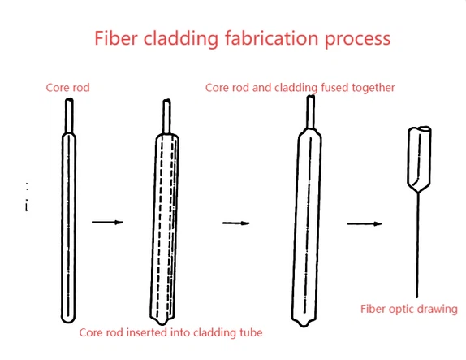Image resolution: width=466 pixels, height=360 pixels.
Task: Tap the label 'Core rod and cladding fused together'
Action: (x=300, y=87)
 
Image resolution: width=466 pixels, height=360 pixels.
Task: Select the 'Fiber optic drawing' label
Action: (x=409, y=309)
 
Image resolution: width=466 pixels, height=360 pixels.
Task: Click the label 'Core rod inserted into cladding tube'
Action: (x=170, y=332)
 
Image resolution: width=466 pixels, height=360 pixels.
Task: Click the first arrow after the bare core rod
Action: (x=106, y=221)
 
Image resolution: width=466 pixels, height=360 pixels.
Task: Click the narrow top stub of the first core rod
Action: (x=70, y=115)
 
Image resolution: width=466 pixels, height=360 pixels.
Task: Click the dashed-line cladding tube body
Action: (x=166, y=228)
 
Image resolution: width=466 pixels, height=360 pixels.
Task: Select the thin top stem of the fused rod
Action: (x=309, y=111)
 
